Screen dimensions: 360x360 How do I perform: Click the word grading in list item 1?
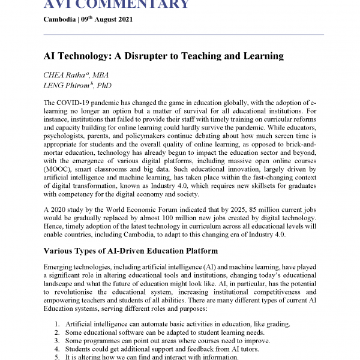[278, 324]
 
